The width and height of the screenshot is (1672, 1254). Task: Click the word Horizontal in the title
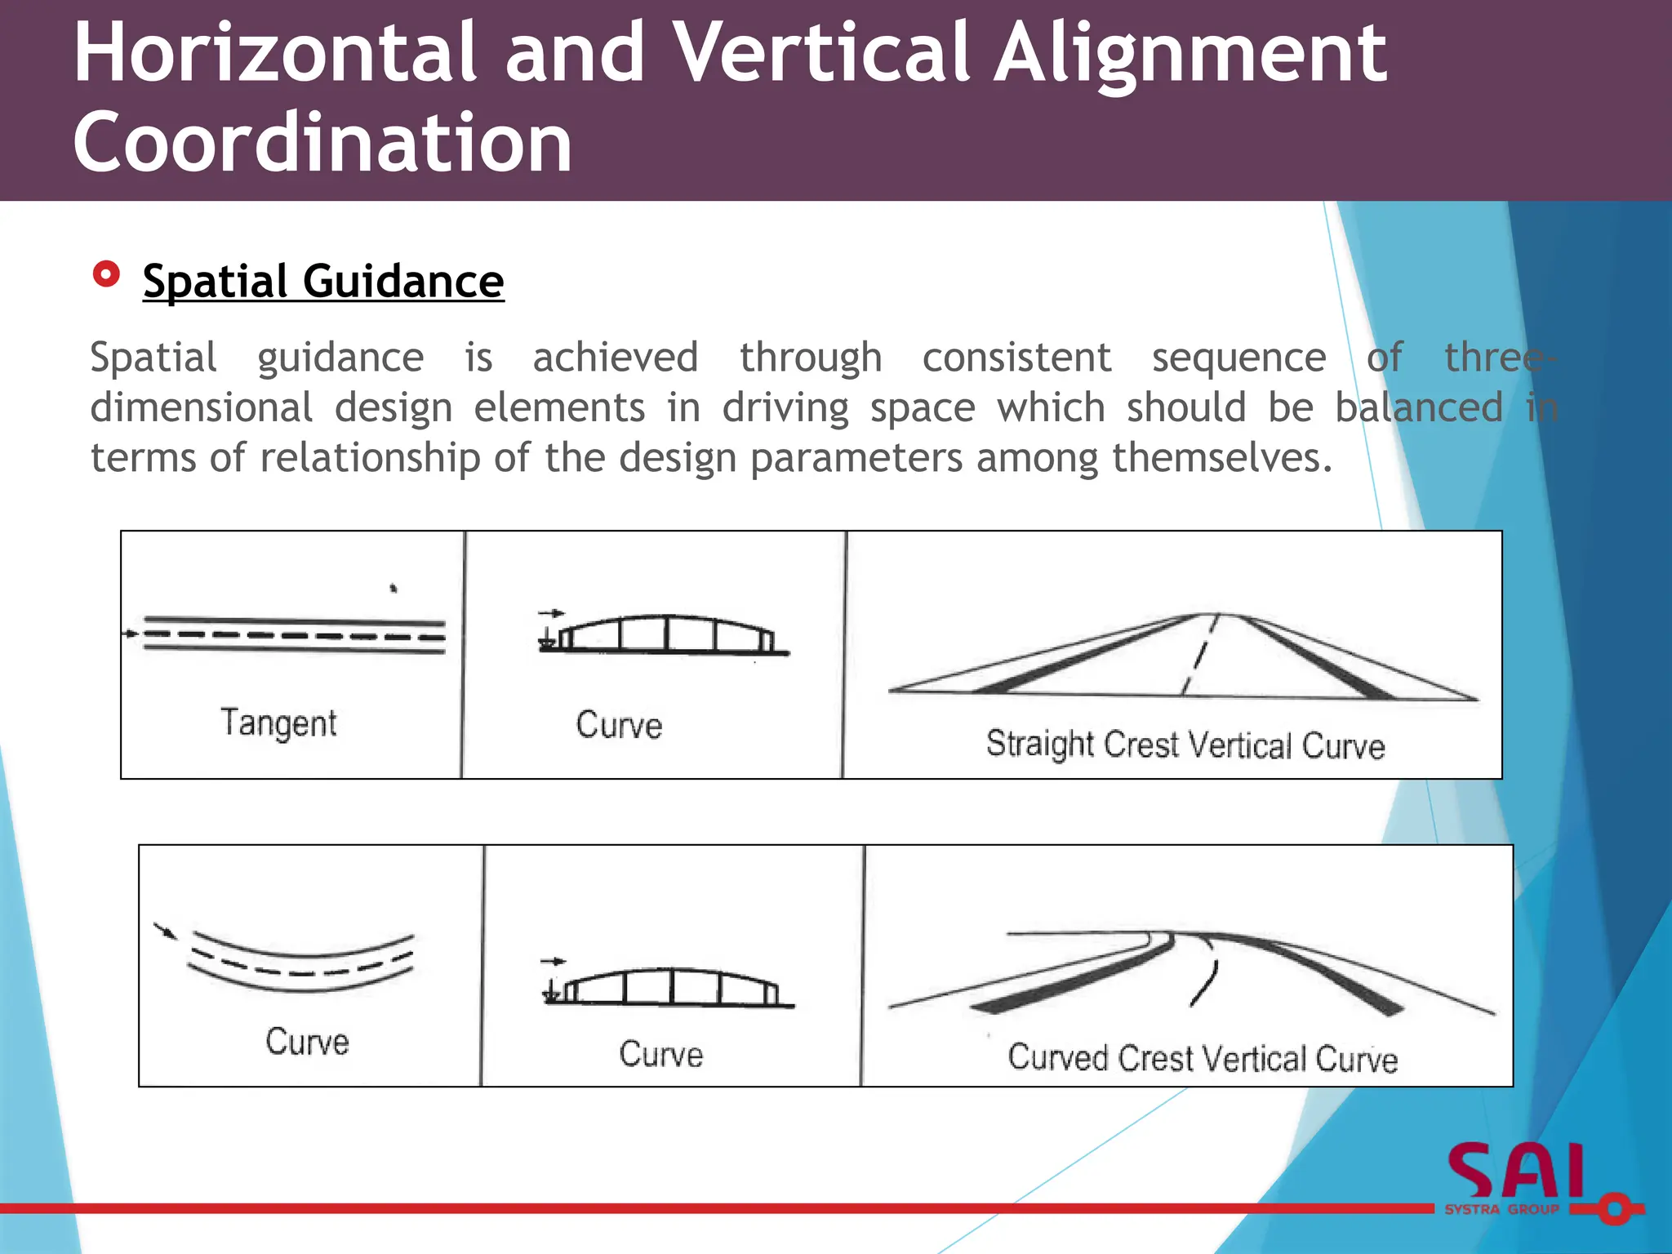tap(274, 54)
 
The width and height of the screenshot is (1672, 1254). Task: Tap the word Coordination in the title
tap(322, 144)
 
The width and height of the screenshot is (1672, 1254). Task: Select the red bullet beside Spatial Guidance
tap(106, 274)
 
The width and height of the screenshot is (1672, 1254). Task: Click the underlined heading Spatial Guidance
tap(323, 282)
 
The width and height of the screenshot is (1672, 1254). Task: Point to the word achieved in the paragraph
tap(616, 358)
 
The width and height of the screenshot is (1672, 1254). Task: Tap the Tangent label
tap(278, 723)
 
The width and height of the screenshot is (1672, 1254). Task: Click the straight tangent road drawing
tap(294, 634)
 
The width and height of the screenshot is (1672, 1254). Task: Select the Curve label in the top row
tap(619, 725)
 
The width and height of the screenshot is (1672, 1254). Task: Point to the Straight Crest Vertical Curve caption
tap(1185, 745)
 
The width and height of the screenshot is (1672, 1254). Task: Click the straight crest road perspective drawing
tap(1184, 656)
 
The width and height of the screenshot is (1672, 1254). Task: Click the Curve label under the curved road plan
tap(307, 1042)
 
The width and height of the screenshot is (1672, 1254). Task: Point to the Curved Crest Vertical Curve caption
tap(1203, 1059)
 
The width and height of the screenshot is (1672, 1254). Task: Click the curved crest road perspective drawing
tap(1192, 972)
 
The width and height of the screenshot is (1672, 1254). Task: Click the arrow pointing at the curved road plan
tap(165, 931)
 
